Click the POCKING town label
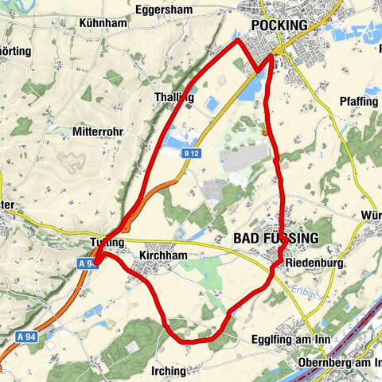click(x=279, y=25)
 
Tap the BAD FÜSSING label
click(x=275, y=238)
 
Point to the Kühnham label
click(x=103, y=24)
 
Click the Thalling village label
click(x=173, y=97)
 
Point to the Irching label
click(x=167, y=371)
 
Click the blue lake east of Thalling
click(x=213, y=104)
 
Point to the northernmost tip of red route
click(x=239, y=39)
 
